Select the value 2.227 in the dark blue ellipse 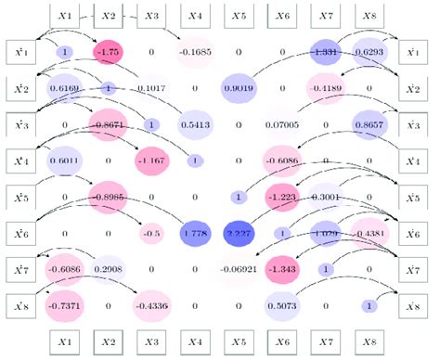239,233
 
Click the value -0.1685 195,53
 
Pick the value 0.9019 239,89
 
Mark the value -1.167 151,161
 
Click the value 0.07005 282,124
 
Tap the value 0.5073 282,305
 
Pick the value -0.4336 151,305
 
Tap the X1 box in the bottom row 65,341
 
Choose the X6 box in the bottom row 282,341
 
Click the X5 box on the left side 20,197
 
